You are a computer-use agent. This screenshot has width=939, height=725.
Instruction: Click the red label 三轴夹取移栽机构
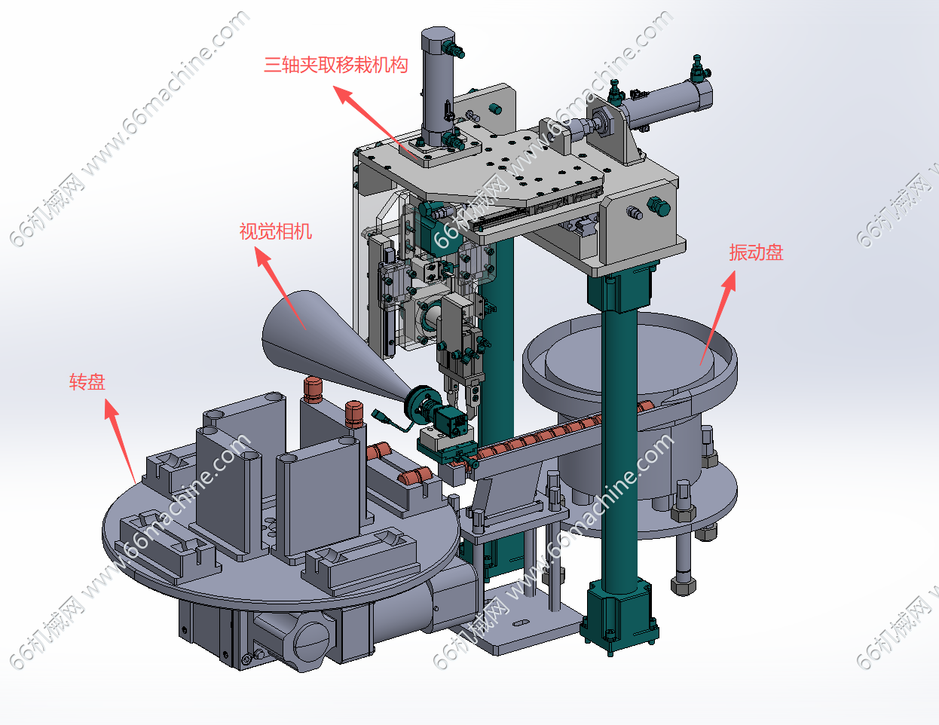336,66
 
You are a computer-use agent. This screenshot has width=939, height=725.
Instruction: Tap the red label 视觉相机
276,231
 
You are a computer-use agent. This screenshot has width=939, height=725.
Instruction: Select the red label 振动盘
756,252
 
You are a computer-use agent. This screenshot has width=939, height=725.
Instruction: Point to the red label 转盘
87,382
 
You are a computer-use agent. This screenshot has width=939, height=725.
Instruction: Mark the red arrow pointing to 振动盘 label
717,318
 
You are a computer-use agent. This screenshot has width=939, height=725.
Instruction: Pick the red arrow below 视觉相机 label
280,288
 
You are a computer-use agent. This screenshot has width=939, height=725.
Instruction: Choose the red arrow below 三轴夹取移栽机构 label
375,122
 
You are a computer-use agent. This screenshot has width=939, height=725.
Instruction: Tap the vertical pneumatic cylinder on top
438,87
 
